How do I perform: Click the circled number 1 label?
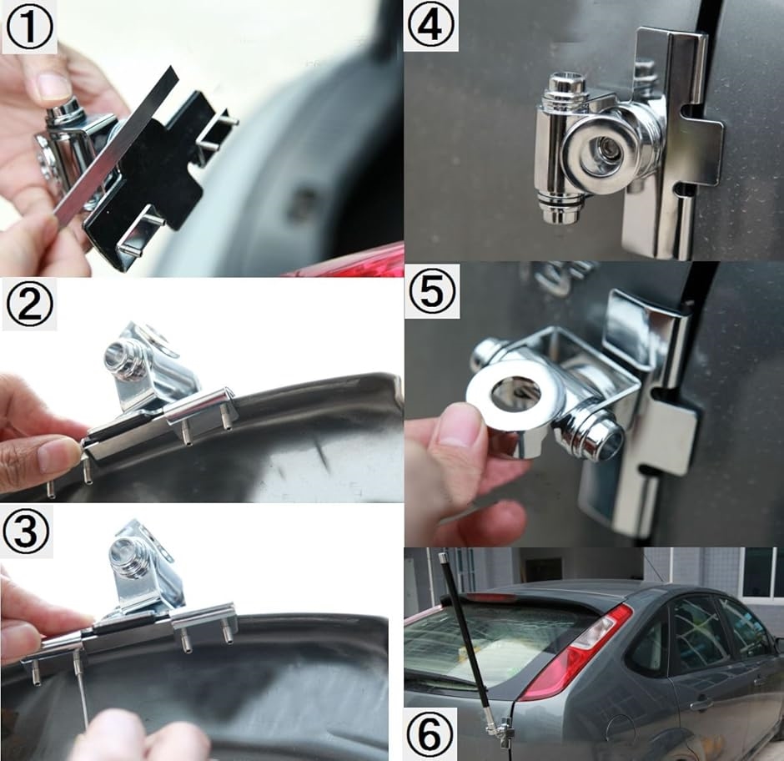tap(28, 27)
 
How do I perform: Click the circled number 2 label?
tap(28, 305)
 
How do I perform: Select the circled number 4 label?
tap(431, 25)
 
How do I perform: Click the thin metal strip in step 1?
tap(116, 146)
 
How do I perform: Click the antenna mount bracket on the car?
tap(502, 725)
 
